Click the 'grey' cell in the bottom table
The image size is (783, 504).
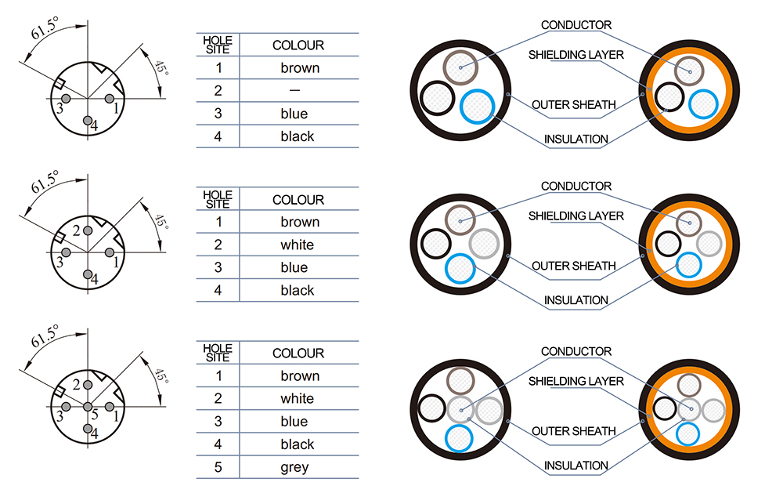pyautogui.click(x=294, y=467)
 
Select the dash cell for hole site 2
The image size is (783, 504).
pyautogui.click(x=294, y=90)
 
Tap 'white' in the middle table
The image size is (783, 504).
pyautogui.click(x=297, y=245)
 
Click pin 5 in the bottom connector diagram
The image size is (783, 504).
pyautogui.click(x=88, y=407)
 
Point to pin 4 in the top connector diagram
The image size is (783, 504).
pyautogui.click(x=88, y=121)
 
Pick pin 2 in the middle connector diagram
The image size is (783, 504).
pyautogui.click(x=88, y=230)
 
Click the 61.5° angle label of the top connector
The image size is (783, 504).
pyautogui.click(x=45, y=28)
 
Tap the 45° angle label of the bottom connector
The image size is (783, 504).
pyautogui.click(x=161, y=375)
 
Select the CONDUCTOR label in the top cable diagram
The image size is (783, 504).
pyautogui.click(x=576, y=25)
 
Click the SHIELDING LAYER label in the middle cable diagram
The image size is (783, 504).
pyautogui.click(x=576, y=216)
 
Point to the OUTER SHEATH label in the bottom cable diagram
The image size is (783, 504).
pyautogui.click(x=574, y=431)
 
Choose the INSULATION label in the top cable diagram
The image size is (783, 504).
pyautogui.click(x=576, y=139)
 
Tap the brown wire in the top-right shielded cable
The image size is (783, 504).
pyautogui.click(x=689, y=71)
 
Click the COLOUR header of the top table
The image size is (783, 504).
pyautogui.click(x=298, y=45)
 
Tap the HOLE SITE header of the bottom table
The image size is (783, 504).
pyautogui.click(x=218, y=353)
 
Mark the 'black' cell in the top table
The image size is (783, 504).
pyautogui.click(x=297, y=136)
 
